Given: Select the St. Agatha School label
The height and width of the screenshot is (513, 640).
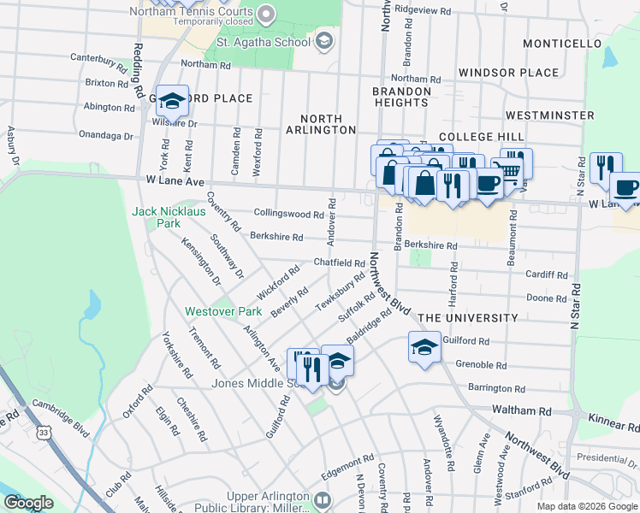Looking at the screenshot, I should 263,41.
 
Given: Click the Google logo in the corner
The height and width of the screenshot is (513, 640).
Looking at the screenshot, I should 28,503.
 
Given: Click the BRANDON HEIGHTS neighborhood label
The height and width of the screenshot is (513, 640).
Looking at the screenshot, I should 400,97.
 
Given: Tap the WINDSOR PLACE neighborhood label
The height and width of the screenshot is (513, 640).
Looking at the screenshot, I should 508,73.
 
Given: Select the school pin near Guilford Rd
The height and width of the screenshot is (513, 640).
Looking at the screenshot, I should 424,348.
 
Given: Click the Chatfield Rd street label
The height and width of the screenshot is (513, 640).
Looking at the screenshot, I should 340,262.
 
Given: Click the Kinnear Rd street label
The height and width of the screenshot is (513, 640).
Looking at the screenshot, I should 612,421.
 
